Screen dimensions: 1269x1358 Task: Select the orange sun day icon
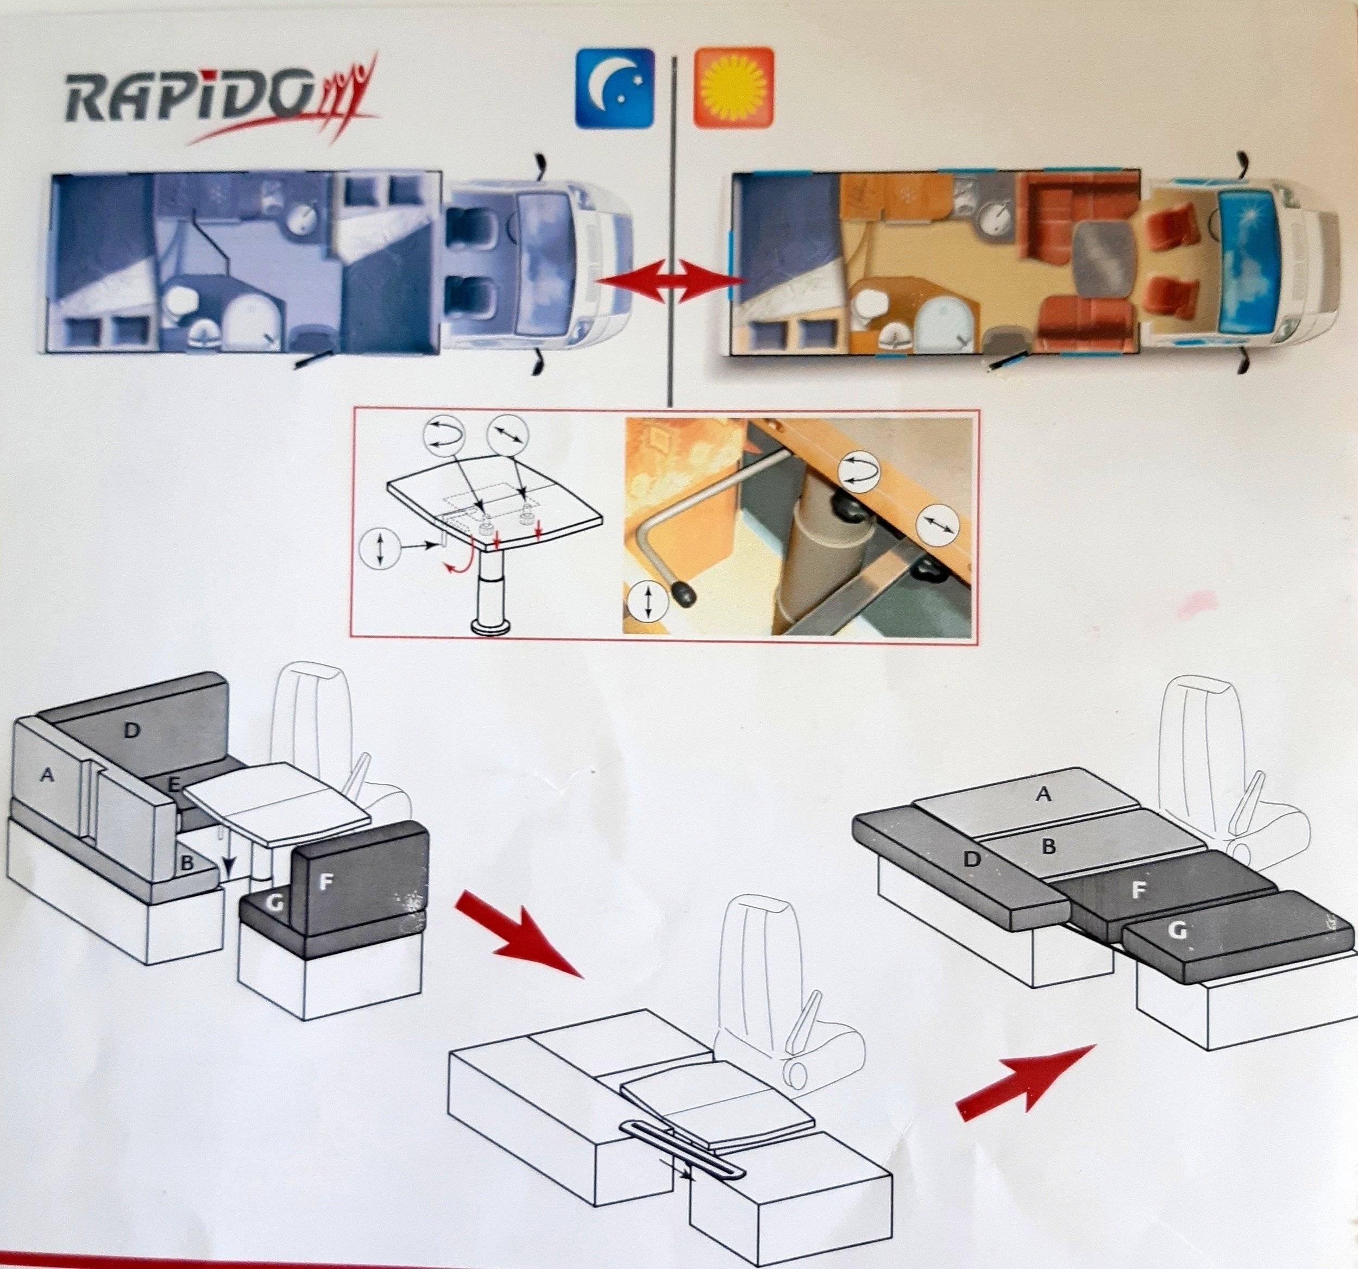coord(734,88)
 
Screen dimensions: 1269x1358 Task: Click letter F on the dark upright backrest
coord(325,882)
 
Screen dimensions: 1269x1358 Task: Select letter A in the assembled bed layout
coord(1042,793)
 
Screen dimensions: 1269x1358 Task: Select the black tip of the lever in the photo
coord(683,595)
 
